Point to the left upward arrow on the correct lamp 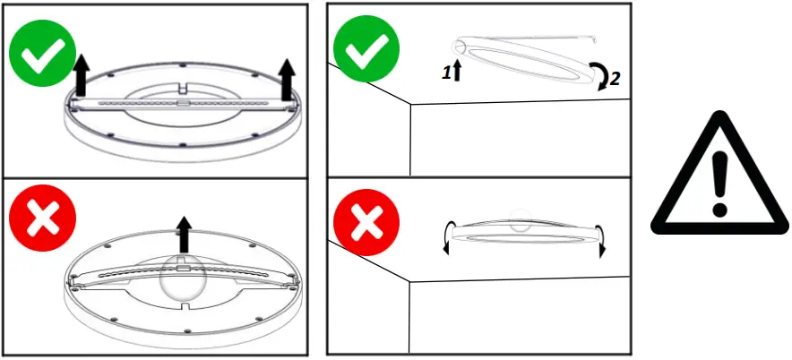(80, 75)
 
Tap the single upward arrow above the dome (185, 234)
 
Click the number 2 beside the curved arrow (614, 79)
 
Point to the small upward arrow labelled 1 (457, 72)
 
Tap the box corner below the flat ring (410, 283)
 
